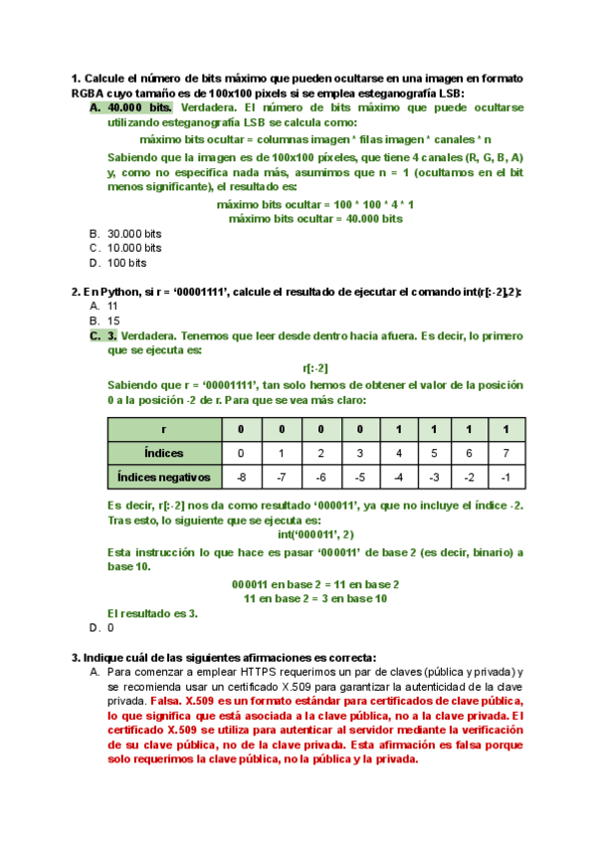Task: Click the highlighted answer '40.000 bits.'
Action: point(139,106)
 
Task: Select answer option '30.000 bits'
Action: point(134,234)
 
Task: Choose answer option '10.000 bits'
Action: point(134,248)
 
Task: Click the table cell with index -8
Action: point(240,477)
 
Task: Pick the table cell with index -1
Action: point(506,477)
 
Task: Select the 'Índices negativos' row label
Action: point(164,477)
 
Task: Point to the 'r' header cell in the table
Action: point(164,429)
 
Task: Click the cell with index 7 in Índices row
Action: point(506,453)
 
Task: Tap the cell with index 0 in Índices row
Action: point(240,453)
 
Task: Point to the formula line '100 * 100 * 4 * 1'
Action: point(315,204)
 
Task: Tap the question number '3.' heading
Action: point(76,657)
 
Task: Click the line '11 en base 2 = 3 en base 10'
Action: point(315,598)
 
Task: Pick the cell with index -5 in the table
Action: point(360,477)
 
